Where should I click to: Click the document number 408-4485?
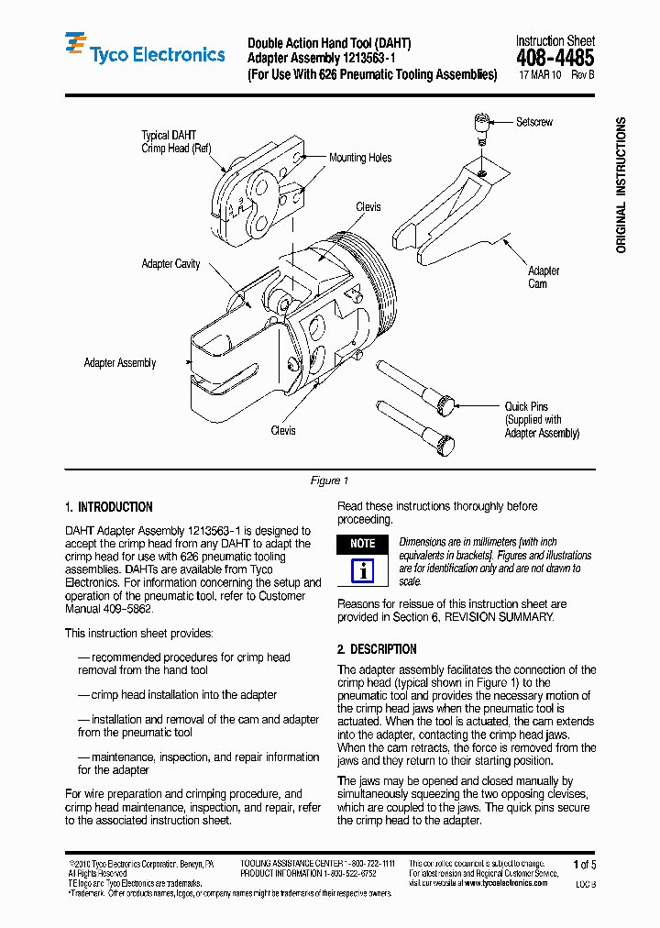pos(555,57)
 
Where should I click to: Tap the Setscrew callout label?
pos(534,122)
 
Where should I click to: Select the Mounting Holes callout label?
pos(360,158)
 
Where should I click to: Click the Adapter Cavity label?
pos(170,264)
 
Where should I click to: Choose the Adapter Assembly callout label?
pos(120,363)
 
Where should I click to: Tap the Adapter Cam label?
pos(543,277)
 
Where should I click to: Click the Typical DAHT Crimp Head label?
pos(175,141)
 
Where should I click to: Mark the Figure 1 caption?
pos(330,481)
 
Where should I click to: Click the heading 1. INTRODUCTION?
pos(109,507)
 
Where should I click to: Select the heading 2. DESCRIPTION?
pos(377,648)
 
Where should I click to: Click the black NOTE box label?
pos(363,544)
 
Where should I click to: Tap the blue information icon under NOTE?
pos(363,570)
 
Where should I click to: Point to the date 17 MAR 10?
pos(540,75)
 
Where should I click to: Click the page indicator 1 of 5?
pos(584,865)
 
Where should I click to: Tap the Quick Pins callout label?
pos(526,406)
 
